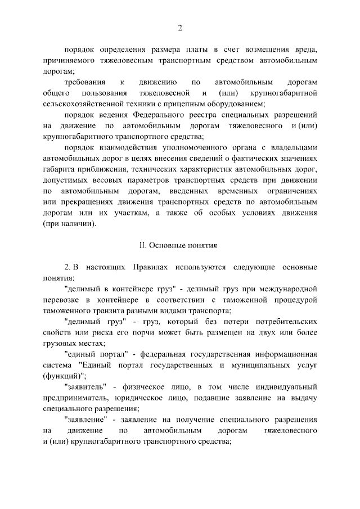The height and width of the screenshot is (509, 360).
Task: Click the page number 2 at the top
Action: click(x=180, y=28)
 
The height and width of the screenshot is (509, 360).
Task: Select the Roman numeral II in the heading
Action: click(x=143, y=245)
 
